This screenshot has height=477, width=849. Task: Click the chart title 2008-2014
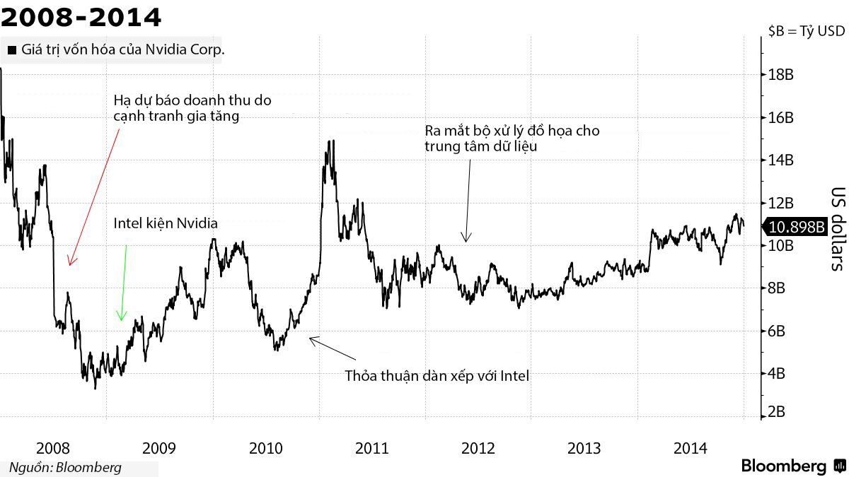click(81, 16)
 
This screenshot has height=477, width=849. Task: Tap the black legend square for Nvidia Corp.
click(11, 51)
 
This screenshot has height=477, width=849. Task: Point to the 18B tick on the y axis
click(779, 74)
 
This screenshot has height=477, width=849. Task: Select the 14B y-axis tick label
click(779, 160)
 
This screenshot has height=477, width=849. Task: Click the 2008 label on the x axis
click(52, 448)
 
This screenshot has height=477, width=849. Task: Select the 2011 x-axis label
click(372, 448)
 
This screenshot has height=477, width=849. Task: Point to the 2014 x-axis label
click(691, 448)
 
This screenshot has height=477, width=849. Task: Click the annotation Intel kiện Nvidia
click(166, 223)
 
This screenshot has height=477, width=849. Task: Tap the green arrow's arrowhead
click(122, 319)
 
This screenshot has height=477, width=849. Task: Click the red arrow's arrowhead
click(69, 263)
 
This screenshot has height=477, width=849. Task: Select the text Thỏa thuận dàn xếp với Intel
click(437, 375)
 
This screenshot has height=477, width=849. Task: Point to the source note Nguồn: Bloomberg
click(65, 467)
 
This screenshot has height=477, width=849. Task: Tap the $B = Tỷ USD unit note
click(806, 31)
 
